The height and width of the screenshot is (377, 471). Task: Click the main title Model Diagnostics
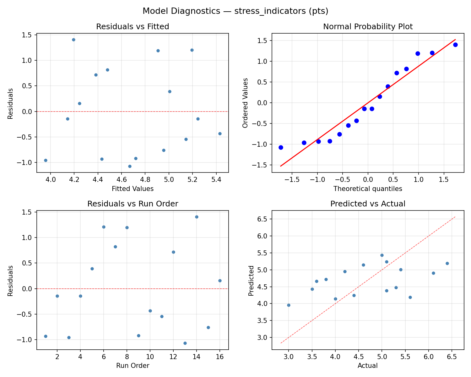tap(235, 11)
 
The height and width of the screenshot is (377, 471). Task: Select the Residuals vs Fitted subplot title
tap(133, 27)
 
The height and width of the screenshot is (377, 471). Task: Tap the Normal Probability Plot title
tap(368, 27)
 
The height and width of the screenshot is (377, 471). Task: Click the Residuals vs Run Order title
tap(133, 204)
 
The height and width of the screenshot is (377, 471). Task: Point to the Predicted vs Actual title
tap(368, 204)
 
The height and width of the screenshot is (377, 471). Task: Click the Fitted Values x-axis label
tap(133, 189)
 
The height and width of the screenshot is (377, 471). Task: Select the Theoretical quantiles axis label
tap(368, 189)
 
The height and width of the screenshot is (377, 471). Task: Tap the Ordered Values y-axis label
tap(245, 103)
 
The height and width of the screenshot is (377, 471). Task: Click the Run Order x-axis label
tap(133, 366)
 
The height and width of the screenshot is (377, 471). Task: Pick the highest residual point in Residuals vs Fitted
tap(73, 40)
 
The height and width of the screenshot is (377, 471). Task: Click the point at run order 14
tap(197, 217)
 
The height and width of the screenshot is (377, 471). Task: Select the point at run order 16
tap(220, 281)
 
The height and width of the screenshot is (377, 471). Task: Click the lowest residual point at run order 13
tap(185, 343)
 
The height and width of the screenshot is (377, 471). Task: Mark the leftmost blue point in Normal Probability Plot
tap(281, 147)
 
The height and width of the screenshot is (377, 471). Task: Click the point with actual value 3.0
tap(289, 305)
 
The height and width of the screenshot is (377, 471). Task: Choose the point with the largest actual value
tap(447, 263)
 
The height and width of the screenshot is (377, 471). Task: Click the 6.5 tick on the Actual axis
tap(452, 357)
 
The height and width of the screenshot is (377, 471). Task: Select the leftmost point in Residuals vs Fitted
tap(46, 160)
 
